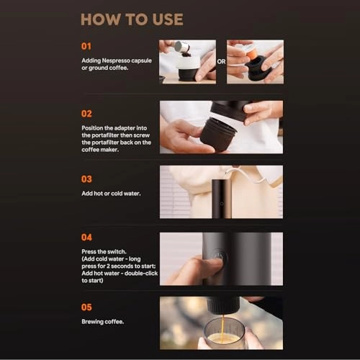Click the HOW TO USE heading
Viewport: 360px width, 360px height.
pyautogui.click(x=132, y=19)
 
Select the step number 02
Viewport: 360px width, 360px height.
pyautogui.click(x=88, y=113)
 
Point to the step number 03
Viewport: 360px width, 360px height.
pyautogui.click(x=88, y=179)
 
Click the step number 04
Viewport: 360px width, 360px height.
pyautogui.click(x=88, y=238)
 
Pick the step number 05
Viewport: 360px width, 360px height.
pyautogui.click(x=88, y=307)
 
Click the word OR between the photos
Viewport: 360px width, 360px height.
pyautogui.click(x=221, y=62)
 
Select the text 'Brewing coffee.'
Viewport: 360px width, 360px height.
pyautogui.click(x=104, y=323)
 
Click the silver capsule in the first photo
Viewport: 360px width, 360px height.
pyautogui.click(x=182, y=48)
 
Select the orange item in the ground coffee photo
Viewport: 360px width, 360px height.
pyautogui.click(x=252, y=54)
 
